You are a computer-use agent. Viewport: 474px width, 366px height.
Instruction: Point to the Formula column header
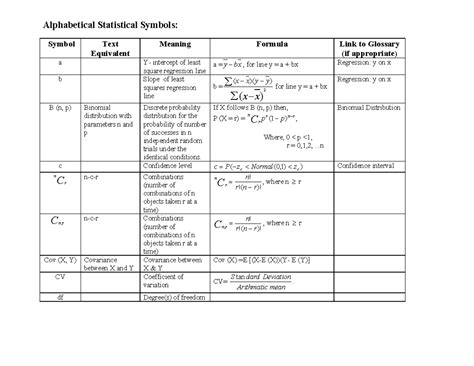click(x=271, y=45)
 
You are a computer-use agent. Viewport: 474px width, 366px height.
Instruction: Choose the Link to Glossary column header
click(x=380, y=50)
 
